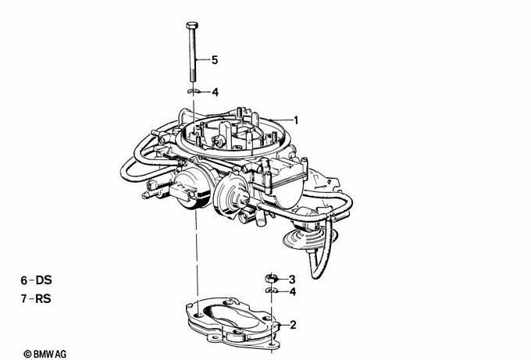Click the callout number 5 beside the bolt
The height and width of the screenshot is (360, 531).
pos(215,60)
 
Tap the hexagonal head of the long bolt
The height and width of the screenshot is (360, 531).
pos(192,25)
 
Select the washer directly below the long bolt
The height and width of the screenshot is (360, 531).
pos(193,91)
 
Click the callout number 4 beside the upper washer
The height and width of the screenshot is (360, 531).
pos(216,92)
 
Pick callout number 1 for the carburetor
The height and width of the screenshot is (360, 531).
pos(296,120)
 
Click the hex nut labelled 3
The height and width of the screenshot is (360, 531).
pos(270,278)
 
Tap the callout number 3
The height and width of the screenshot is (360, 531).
pos(292,280)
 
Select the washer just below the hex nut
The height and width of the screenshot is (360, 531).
pos(271,290)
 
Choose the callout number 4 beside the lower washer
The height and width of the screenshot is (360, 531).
pos(293,291)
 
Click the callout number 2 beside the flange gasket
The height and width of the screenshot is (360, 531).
pos(293,325)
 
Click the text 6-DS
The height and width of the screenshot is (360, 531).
pos(36,280)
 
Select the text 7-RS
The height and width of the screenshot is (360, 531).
pos(36,299)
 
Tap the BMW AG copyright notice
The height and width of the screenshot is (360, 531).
pos(45,355)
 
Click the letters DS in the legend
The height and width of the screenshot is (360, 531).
pos(44,280)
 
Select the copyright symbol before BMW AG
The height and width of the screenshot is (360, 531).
pos(28,355)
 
